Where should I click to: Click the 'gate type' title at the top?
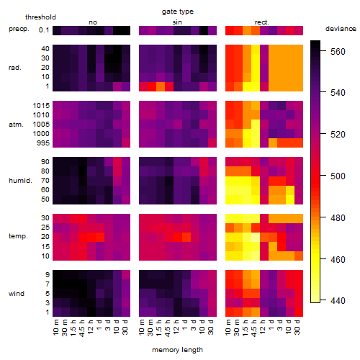tap(178, 12)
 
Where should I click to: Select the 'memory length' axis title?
tap(177, 350)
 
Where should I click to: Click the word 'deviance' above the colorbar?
tap(341, 29)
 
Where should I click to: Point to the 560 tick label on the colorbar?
tap(338, 51)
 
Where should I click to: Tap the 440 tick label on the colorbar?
tap(338, 300)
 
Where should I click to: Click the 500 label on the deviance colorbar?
tap(338, 176)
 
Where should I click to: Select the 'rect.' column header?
tap(262, 22)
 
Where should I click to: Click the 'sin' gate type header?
tap(177, 22)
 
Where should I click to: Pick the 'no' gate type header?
tap(93, 22)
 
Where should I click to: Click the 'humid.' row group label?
tap(20, 181)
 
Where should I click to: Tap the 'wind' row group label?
tap(17, 294)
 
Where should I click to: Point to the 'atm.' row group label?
tap(16, 125)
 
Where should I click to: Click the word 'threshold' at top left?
tap(40, 17)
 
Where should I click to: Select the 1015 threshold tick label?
tap(41, 106)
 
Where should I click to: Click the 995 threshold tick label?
tap(43, 143)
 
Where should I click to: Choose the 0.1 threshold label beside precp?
tap(44, 30)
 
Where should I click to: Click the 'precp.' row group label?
tap(19, 29)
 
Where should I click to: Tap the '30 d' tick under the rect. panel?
tap(297, 327)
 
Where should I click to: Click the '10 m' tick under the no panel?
tap(55, 327)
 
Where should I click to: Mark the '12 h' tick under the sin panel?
tap(176, 327)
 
